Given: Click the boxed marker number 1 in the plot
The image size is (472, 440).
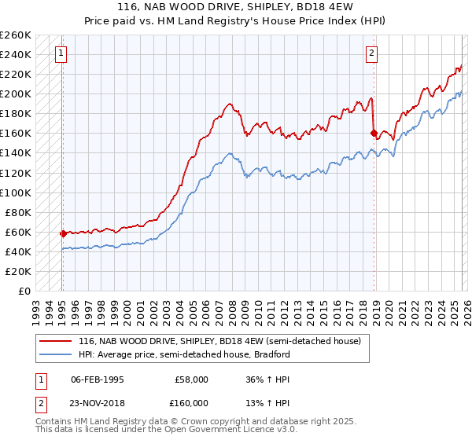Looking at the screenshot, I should [x=61, y=54].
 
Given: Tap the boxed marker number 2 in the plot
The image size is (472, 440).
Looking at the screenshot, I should [x=371, y=54].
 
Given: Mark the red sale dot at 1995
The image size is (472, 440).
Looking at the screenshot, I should [x=63, y=233].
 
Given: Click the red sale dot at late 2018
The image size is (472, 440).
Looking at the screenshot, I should [x=374, y=134].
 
